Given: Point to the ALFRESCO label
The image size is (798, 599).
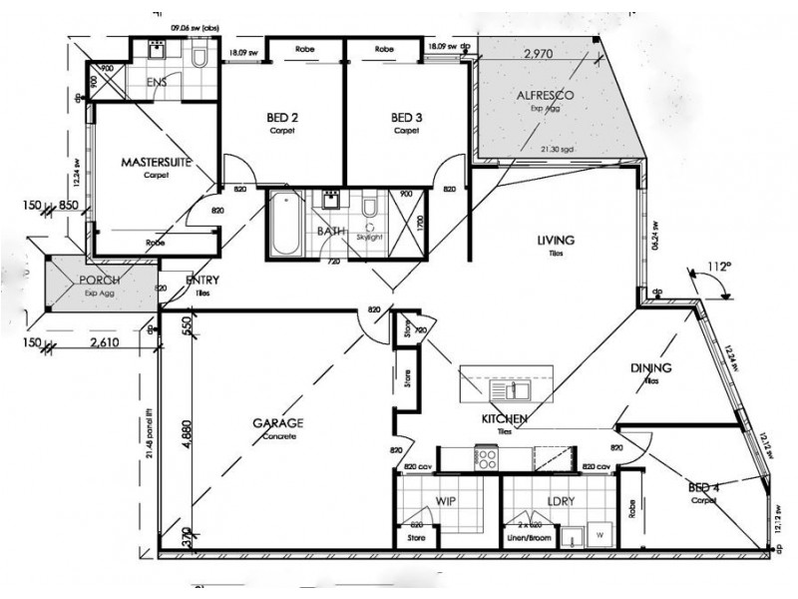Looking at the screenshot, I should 542,96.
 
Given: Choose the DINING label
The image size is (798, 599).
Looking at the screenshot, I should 650,368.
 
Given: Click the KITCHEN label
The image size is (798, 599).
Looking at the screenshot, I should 504,418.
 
